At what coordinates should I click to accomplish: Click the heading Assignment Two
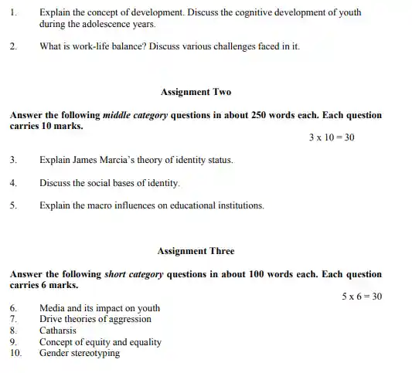pyautogui.click(x=196, y=91)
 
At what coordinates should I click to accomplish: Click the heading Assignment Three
pyautogui.click(x=196, y=251)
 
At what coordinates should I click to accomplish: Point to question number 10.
pyautogui.click(x=14, y=353)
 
